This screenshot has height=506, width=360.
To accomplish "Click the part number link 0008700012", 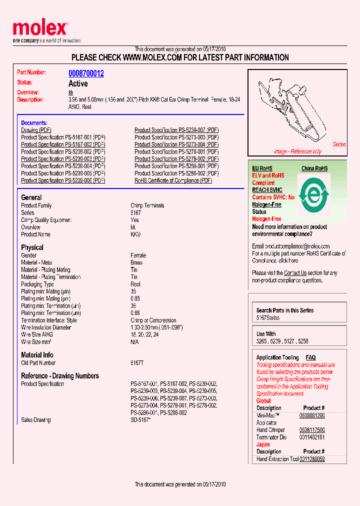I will [86, 73].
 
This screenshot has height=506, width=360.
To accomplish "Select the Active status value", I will [78, 83].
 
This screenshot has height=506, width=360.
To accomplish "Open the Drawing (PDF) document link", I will [36, 130].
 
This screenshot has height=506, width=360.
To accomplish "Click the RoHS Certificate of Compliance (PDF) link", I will [173, 180].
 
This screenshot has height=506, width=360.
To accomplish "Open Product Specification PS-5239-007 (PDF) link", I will [176, 130].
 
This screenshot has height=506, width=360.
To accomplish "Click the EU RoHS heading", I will [262, 168].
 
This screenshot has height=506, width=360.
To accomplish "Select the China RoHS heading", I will [314, 168].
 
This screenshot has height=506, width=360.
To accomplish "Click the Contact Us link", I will [295, 273].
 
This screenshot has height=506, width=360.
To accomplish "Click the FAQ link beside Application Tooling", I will [310, 357].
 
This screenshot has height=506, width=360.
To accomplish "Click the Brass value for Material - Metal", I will [136, 262].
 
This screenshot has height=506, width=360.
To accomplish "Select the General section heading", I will [31, 197].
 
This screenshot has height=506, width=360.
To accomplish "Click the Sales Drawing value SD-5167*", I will [140, 420].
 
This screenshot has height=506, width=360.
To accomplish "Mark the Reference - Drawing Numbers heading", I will [60, 376].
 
